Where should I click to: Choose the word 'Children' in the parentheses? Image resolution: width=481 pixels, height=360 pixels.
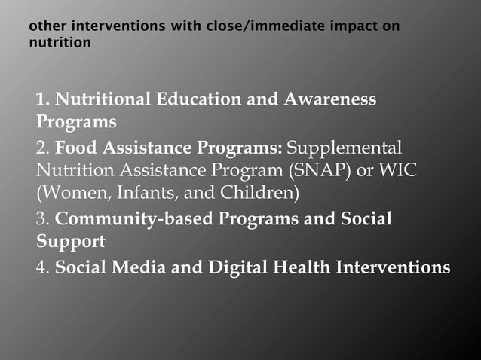click(259, 194)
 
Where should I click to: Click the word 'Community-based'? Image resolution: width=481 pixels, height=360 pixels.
click(134, 219)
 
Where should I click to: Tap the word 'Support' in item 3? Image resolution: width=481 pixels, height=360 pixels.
click(71, 243)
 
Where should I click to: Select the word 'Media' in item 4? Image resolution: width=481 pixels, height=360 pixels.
click(136, 267)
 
